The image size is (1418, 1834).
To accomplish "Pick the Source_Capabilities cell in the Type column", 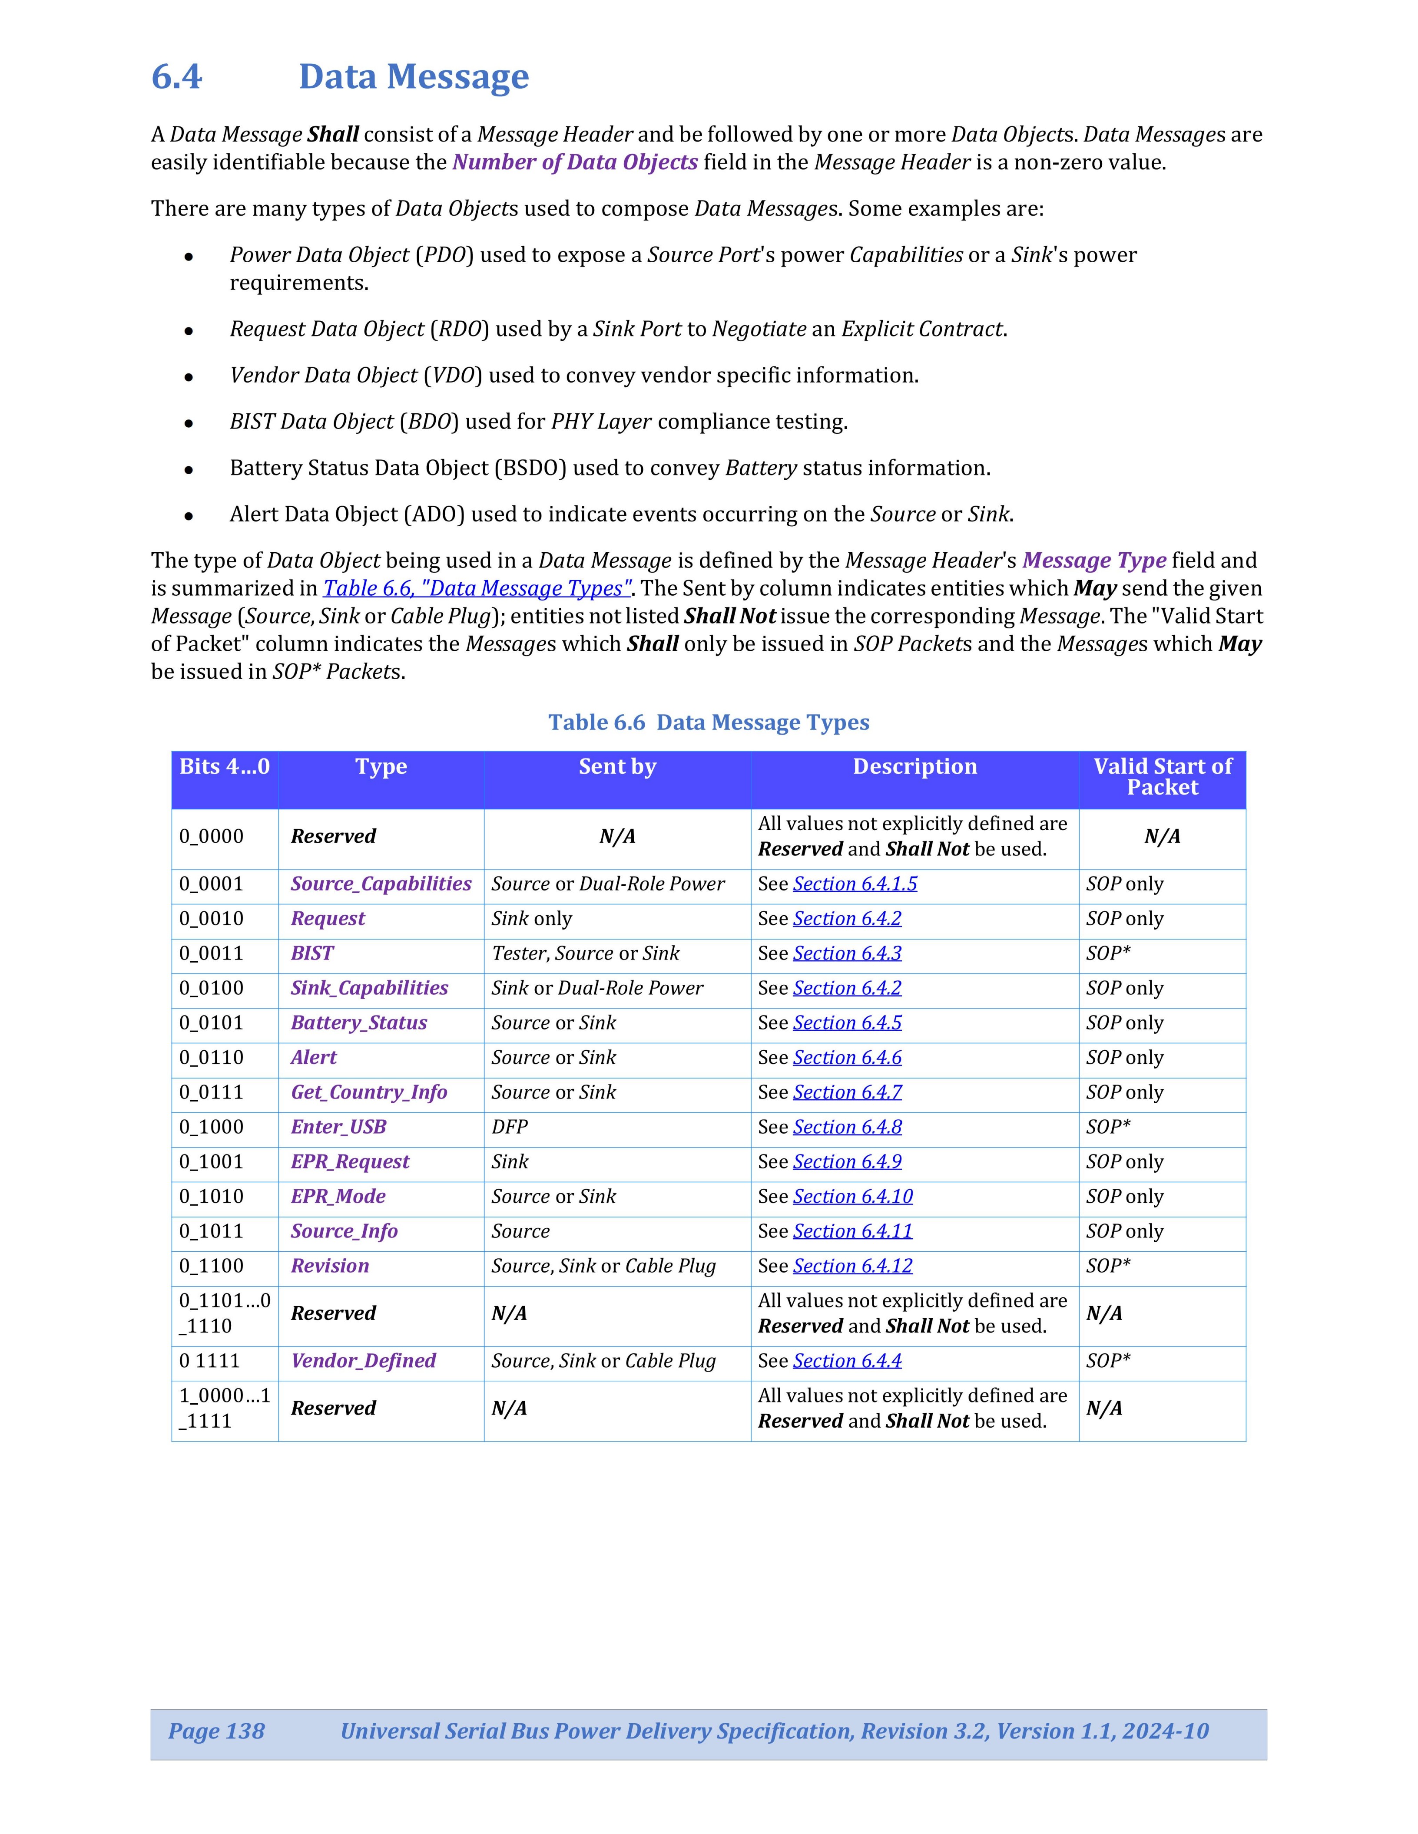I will (381, 884).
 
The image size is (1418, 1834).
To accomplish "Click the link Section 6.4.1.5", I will (855, 884).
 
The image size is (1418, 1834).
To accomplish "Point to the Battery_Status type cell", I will (359, 1023).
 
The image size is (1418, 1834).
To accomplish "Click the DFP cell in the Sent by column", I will (510, 1127).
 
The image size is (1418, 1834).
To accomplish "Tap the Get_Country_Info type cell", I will (369, 1092).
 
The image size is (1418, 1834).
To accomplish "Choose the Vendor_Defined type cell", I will (363, 1361).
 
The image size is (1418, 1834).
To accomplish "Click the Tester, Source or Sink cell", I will (586, 954).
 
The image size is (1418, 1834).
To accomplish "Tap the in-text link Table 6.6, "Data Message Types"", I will (476, 589).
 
